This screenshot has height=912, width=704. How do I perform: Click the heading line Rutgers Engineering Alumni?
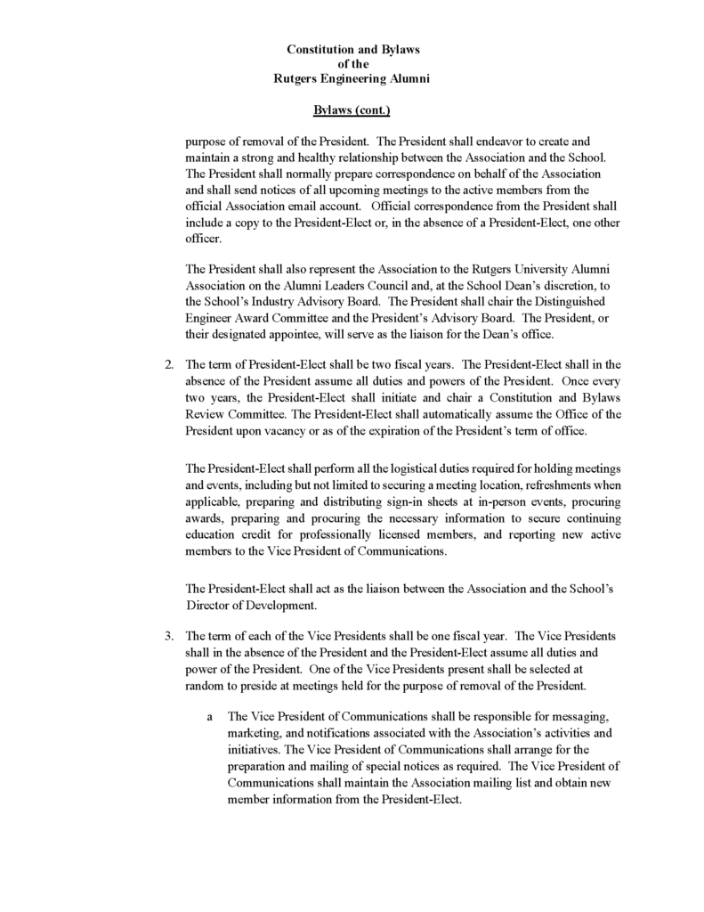click(352, 79)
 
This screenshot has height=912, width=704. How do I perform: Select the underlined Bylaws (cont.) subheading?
click(352, 110)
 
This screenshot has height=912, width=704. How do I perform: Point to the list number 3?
click(167, 636)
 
